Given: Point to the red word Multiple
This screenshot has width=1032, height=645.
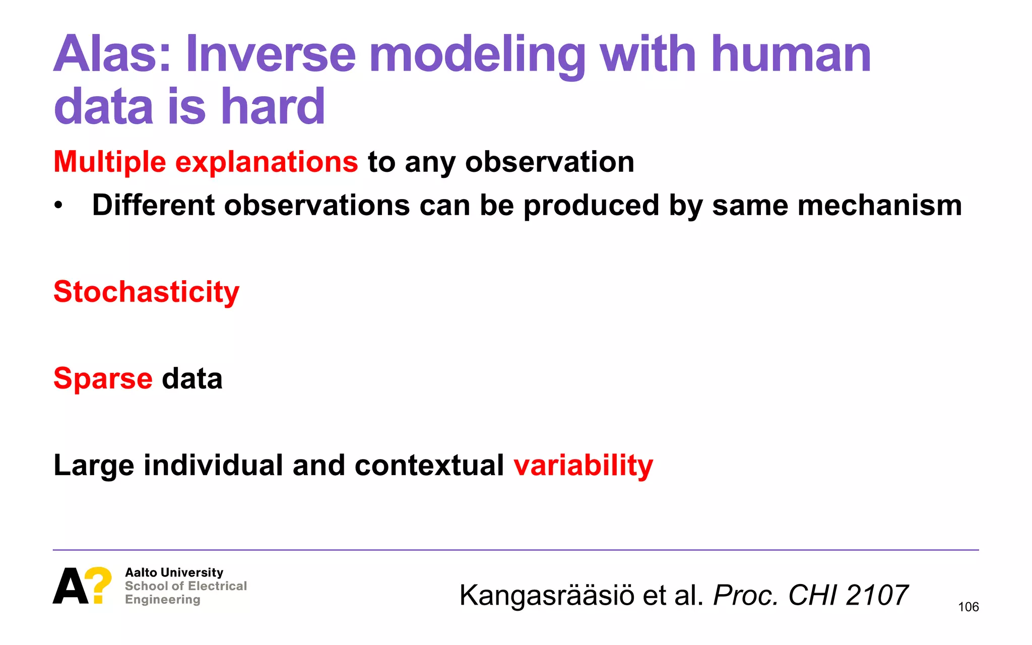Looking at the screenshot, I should (x=110, y=162).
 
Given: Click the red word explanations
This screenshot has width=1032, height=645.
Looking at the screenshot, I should (x=267, y=162).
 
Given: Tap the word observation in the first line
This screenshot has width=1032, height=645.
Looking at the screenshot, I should (x=549, y=162).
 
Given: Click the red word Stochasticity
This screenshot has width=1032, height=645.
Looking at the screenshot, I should (x=146, y=292).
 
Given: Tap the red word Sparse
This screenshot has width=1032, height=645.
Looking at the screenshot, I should (x=103, y=378).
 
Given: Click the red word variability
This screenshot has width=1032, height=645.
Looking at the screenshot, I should (x=583, y=465).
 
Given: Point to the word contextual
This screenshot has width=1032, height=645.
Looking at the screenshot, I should (x=429, y=465).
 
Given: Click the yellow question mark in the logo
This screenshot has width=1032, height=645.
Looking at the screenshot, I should (x=99, y=585).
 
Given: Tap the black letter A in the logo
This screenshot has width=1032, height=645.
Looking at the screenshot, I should (x=71, y=586).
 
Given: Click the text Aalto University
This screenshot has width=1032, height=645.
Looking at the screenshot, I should (x=174, y=572).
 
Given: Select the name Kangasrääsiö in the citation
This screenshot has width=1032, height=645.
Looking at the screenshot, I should (x=547, y=596).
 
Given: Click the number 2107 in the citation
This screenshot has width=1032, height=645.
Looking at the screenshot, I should (x=877, y=596).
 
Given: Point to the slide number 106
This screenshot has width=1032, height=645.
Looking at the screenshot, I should (x=968, y=607).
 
